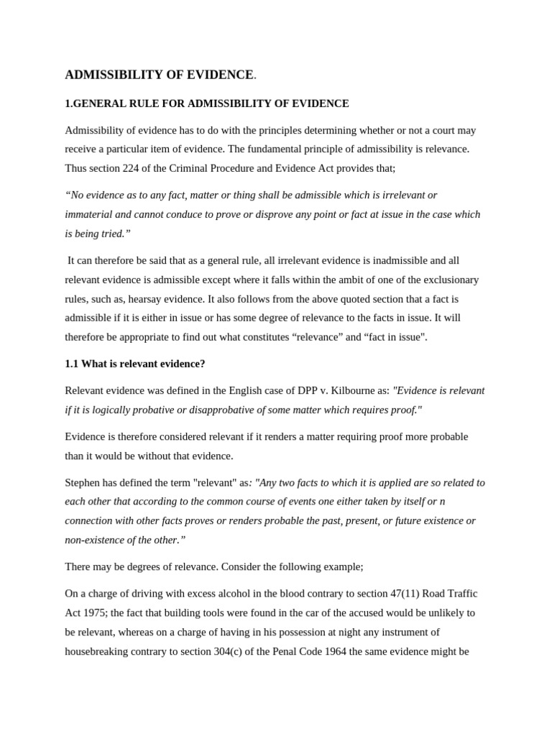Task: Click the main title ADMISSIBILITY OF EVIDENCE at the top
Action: point(159,75)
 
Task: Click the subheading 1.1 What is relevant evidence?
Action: point(135,364)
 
